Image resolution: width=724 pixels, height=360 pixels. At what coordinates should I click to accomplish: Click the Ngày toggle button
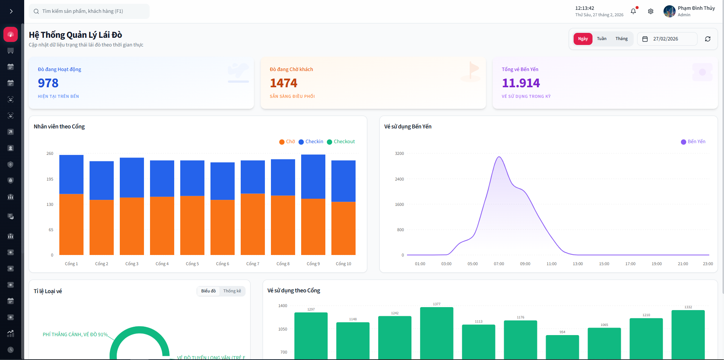tap(583, 39)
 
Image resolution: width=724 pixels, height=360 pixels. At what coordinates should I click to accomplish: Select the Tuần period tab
tap(602, 39)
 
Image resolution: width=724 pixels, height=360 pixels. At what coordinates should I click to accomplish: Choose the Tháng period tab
tap(621, 39)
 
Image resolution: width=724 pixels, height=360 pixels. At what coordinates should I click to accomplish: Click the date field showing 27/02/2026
tap(667, 39)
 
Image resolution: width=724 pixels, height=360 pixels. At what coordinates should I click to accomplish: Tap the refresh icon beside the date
tap(707, 39)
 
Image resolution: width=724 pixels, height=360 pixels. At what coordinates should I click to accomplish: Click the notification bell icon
tap(633, 11)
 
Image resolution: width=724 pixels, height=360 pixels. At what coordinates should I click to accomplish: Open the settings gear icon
tap(650, 11)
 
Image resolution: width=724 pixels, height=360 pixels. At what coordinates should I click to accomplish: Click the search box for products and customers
tap(89, 11)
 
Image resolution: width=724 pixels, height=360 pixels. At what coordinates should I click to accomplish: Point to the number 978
tap(48, 83)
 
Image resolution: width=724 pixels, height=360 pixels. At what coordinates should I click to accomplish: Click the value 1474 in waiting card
tap(283, 83)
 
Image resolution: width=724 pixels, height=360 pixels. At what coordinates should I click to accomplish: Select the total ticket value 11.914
tap(521, 83)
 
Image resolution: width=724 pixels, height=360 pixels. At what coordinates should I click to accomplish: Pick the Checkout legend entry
tap(341, 142)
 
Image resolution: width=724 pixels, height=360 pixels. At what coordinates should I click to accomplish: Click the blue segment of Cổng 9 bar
tap(313, 176)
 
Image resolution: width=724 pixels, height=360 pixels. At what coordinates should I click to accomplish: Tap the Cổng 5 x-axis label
tap(192, 264)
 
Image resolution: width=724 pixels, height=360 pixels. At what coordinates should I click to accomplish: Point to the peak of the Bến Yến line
tap(499, 157)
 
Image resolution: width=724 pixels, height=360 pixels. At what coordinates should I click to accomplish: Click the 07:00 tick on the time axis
tap(499, 264)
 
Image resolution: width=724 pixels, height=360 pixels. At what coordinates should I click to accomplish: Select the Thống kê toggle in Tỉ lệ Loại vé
tap(232, 291)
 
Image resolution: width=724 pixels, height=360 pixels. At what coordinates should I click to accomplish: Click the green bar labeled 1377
tap(436, 332)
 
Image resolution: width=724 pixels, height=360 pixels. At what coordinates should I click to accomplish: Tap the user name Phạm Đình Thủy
tap(696, 8)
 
